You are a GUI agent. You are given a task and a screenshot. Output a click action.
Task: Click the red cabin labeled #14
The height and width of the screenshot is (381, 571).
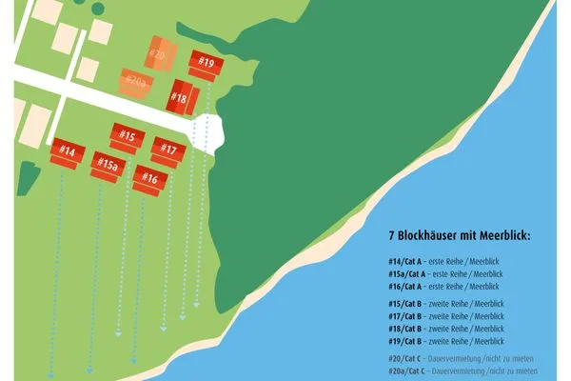pos(67,152)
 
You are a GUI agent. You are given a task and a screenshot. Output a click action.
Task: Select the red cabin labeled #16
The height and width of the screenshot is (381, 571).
pos(149,178)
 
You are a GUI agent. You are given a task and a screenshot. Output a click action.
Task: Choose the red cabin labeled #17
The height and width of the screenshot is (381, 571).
pos(167,150)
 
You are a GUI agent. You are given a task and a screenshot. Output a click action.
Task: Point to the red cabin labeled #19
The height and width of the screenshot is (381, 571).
pos(207,65)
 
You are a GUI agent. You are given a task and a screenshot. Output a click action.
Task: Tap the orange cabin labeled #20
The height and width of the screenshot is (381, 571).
pos(159,53)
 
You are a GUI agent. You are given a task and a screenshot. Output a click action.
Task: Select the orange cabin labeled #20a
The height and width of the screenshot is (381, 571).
pos(135,83)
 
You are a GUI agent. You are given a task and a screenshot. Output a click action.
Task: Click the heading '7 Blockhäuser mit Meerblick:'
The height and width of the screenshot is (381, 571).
pos(459,234)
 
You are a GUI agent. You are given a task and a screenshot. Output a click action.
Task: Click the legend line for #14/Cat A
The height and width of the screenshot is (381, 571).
pos(443,261)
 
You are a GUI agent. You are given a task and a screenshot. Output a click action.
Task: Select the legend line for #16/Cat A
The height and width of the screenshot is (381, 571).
pos(443,286)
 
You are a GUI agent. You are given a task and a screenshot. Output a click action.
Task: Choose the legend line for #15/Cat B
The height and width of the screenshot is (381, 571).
pos(446,304)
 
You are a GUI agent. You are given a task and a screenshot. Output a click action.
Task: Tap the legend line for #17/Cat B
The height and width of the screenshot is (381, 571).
pos(446,316)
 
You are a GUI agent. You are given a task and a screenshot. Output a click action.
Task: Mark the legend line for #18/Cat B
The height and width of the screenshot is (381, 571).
pos(446,329)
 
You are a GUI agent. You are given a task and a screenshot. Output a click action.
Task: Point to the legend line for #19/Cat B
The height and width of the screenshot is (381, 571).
pos(446,341)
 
